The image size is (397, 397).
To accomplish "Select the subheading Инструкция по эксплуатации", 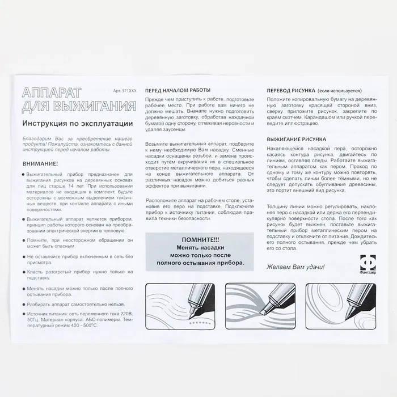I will [x=77, y=123].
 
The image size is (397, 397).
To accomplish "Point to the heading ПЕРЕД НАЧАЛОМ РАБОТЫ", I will [x=178, y=91].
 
